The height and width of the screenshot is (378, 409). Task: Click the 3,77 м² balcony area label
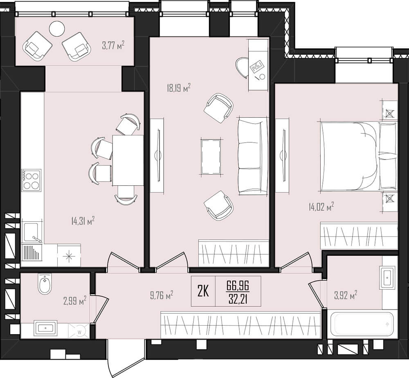(113, 45)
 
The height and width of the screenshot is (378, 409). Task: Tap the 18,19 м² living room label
(179, 88)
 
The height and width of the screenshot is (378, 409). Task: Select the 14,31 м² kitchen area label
(83, 221)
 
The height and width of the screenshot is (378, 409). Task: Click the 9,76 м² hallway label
(162, 295)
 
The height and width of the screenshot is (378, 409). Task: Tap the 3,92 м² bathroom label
(346, 295)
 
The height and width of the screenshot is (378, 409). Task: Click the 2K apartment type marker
(203, 291)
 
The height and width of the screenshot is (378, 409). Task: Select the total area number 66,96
(238, 285)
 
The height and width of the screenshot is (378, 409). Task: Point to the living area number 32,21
(238, 299)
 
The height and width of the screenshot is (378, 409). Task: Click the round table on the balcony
(57, 29)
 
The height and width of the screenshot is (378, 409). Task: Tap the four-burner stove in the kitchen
(31, 180)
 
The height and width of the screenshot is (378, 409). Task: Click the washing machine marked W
(79, 331)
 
